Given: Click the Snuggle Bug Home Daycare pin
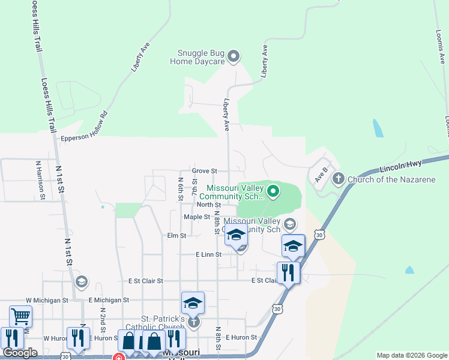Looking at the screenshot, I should [x=234, y=57].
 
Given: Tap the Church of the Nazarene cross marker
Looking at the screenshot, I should [x=338, y=179].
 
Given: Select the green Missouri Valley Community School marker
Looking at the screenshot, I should [x=273, y=191].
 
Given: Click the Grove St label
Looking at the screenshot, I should [x=204, y=171].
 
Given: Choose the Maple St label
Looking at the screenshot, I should [x=196, y=217].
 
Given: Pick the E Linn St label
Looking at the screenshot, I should [x=209, y=254].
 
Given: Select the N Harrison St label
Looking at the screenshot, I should [x=40, y=179].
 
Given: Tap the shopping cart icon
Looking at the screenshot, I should [x=20, y=316].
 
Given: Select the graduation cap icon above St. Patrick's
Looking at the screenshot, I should [x=193, y=303].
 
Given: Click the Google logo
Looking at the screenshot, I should [x=20, y=353].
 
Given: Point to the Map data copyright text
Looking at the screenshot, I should [x=411, y=355].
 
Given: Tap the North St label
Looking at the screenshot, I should [x=196, y=205].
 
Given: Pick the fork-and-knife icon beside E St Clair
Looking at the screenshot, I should [x=288, y=273].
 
